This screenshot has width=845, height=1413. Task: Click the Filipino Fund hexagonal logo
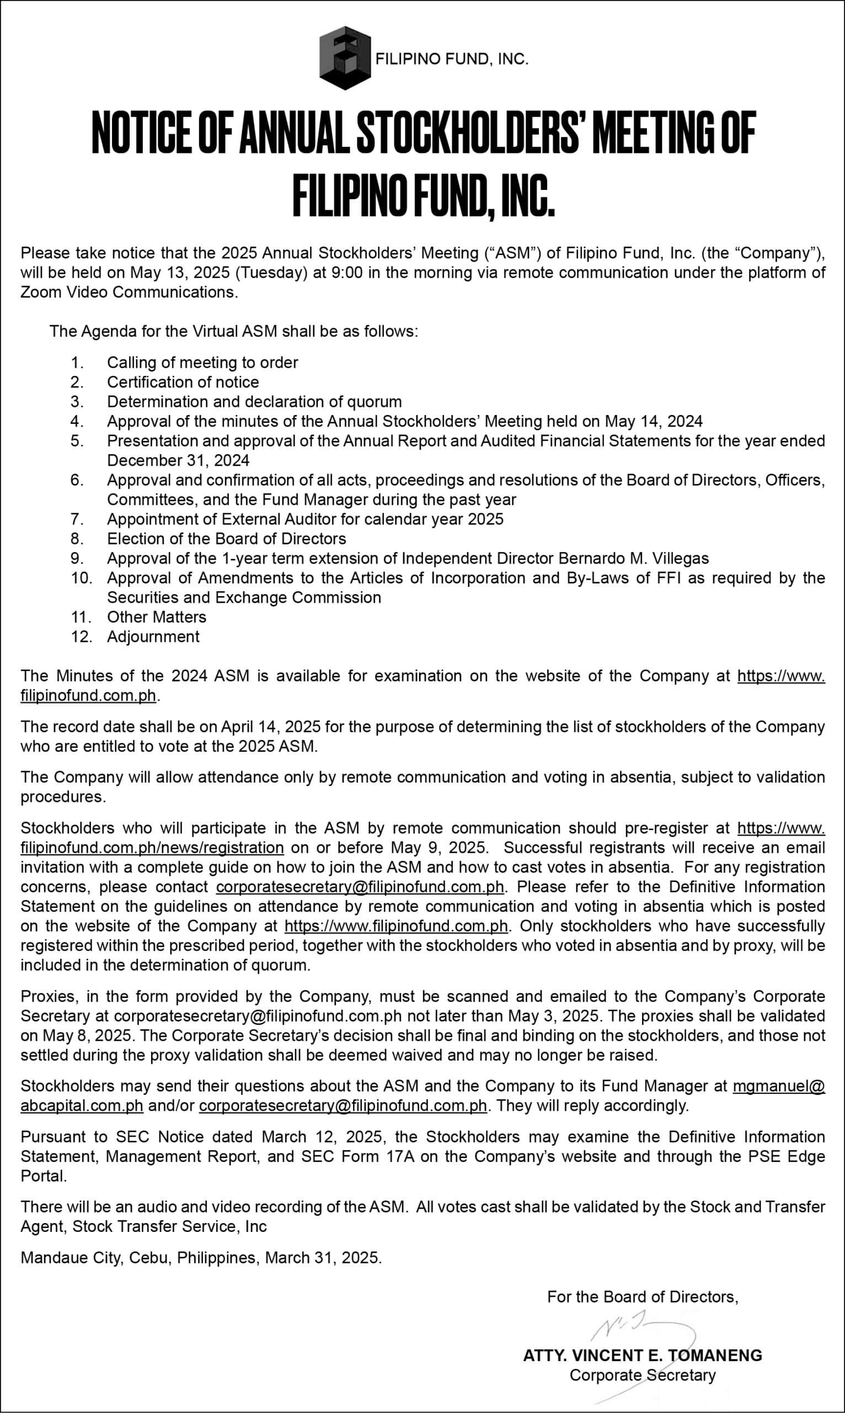click(x=345, y=57)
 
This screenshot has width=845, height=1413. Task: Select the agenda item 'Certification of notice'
click(x=183, y=382)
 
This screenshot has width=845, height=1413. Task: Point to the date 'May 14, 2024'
click(x=654, y=421)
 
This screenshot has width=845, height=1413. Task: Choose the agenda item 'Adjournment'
click(x=153, y=636)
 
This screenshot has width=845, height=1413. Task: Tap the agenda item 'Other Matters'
click(x=157, y=617)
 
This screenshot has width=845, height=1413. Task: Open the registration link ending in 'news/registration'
click(x=152, y=848)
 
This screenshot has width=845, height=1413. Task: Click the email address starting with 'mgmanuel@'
click(x=778, y=1086)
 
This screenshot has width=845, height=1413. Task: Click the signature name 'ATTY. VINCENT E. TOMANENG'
click(x=642, y=1356)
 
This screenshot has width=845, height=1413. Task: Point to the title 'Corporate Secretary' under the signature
click(x=642, y=1375)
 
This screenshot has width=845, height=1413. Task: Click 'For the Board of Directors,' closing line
click(x=642, y=1297)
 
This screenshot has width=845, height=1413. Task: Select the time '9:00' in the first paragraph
click(x=346, y=272)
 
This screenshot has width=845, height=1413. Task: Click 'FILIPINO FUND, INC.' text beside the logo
click(x=452, y=59)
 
